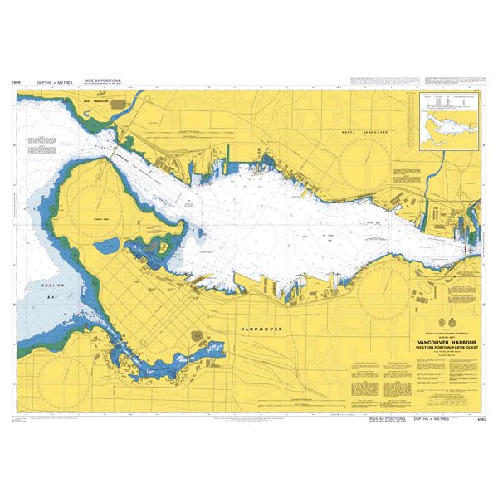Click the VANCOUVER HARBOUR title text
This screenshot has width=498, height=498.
coord(408,340)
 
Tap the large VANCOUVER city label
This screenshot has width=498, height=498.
coord(261,330)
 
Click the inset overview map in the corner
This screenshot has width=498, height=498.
coord(448,124)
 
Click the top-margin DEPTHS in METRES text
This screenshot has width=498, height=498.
coord(57,84)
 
